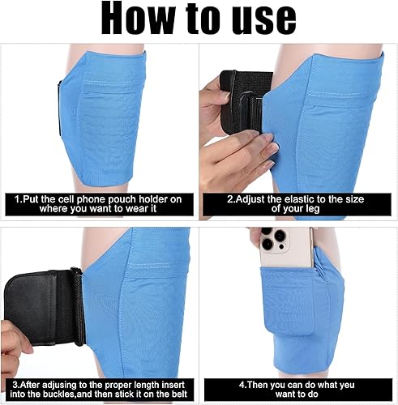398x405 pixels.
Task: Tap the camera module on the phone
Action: click(268, 238)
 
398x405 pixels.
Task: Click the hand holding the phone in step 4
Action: click(259, 235)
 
